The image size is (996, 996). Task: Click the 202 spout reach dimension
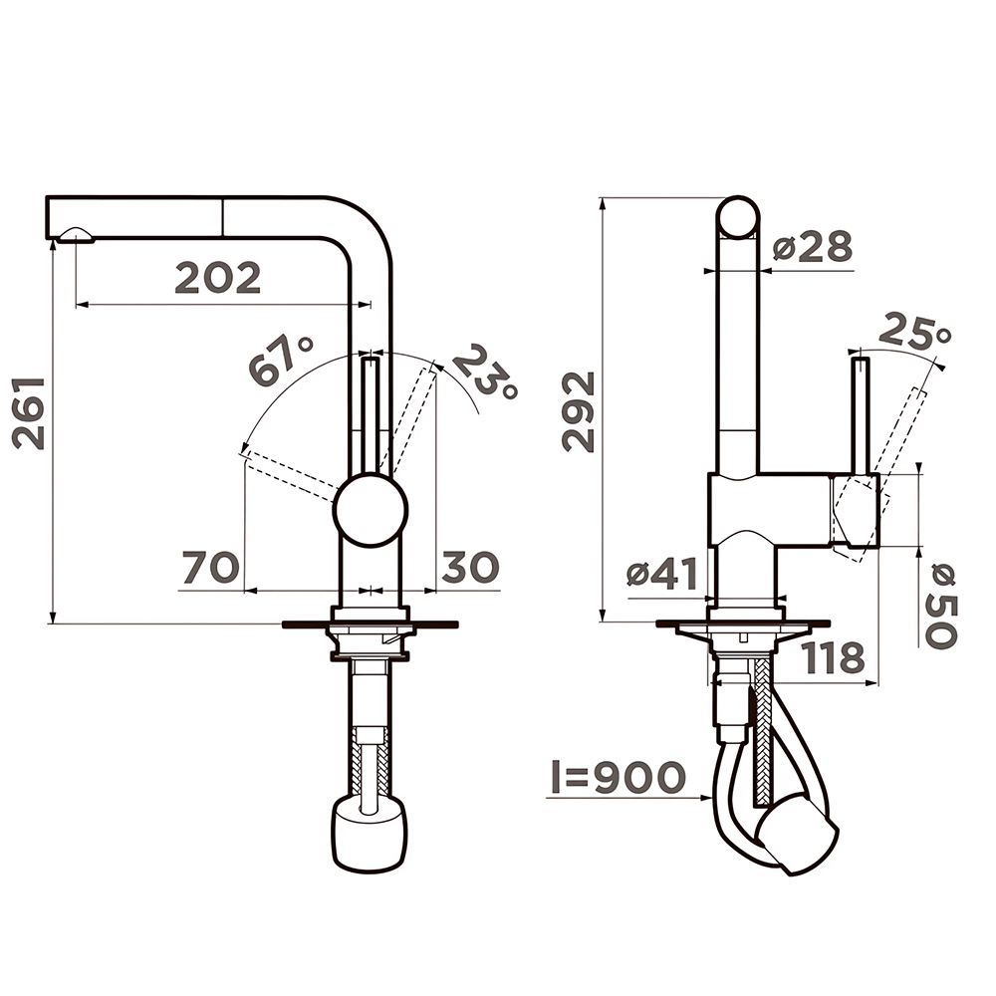pyautogui.click(x=218, y=278)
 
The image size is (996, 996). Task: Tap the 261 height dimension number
pyautogui.click(x=29, y=413)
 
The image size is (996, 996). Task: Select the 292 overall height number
pyautogui.click(x=578, y=412)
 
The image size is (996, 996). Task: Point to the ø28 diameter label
pyautogui.click(x=813, y=246)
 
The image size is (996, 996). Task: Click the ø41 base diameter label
pyautogui.click(x=662, y=574)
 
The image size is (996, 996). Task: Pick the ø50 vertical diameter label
pyautogui.click(x=940, y=606)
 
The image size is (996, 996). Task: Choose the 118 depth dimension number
pyautogui.click(x=834, y=658)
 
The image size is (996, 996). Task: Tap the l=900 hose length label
pyautogui.click(x=619, y=777)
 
